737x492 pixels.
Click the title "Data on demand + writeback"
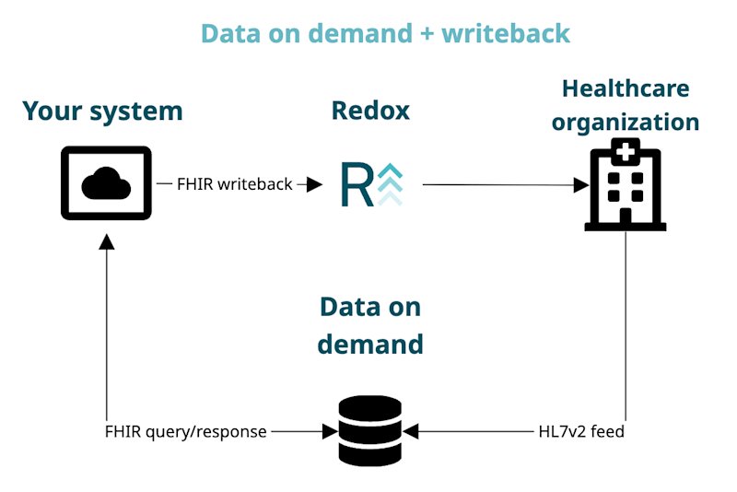tap(385, 33)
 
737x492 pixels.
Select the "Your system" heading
tap(102, 111)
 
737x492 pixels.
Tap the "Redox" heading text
tap(370, 111)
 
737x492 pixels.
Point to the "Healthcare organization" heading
tap(626, 105)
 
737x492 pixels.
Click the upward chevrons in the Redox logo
tap(390, 183)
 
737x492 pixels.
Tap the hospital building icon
tap(626, 185)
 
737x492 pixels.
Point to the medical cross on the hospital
tap(626, 149)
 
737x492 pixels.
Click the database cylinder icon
tap(369, 430)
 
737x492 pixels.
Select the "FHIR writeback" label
tap(235, 184)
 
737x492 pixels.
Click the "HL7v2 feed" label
tap(581, 430)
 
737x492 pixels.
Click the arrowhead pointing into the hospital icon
tap(580, 185)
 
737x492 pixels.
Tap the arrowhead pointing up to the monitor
tap(107, 241)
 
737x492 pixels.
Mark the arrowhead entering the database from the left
tap(328, 430)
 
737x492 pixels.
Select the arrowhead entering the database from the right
tap(411, 430)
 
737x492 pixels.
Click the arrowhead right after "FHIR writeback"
tap(314, 184)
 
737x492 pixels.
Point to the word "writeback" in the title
tap(506, 33)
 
